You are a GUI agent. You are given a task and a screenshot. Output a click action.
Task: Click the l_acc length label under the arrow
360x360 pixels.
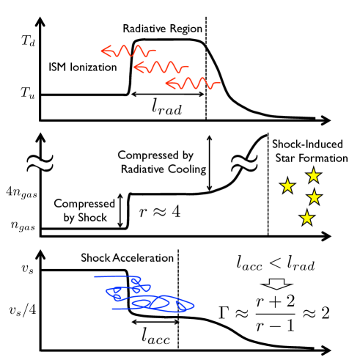click(x=157, y=337)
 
